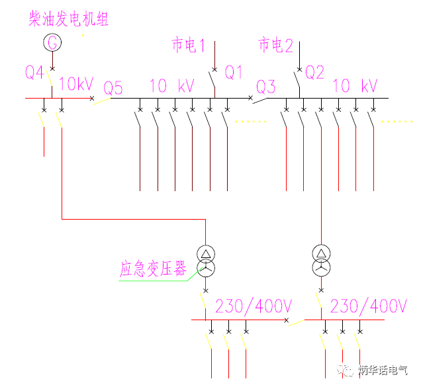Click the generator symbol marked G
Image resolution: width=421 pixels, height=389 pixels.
52,43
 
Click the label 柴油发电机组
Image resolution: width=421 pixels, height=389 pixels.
68,19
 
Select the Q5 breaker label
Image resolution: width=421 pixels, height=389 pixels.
113,88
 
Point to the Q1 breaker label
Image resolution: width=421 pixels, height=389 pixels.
234,72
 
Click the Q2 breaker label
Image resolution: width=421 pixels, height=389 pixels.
315,72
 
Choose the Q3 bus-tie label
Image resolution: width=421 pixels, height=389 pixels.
265,87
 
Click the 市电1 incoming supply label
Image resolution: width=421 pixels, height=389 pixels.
189,46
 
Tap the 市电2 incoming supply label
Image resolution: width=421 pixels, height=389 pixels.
275,46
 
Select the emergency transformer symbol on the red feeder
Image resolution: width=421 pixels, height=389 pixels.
205,261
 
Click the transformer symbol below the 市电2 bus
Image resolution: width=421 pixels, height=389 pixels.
321,261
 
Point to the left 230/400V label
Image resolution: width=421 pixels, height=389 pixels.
254,306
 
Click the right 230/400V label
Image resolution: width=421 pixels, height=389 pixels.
368,306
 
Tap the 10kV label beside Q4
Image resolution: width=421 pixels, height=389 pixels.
76,85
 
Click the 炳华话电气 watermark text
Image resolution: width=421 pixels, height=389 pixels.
384,370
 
